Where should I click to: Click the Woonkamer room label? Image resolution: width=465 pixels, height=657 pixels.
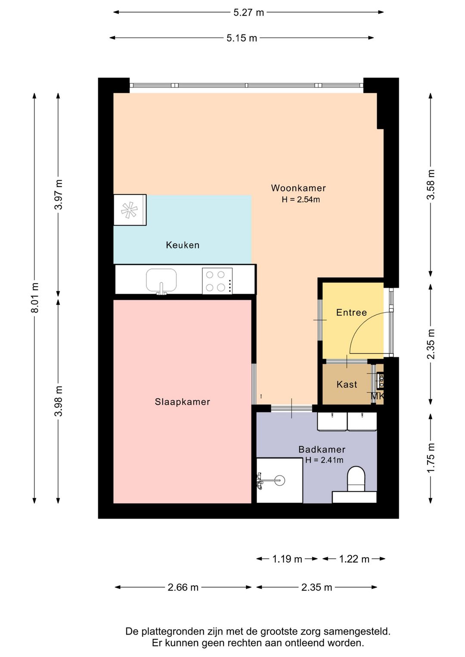[x=298, y=188]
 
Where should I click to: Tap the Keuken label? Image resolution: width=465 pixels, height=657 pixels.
[x=183, y=245]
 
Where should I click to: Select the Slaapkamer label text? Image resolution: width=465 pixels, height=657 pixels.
[x=182, y=402]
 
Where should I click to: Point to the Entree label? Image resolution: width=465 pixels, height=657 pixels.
[x=351, y=313]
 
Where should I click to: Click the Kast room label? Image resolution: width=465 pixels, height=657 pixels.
[x=347, y=384]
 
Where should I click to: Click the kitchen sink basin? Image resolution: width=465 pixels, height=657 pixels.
[x=161, y=281]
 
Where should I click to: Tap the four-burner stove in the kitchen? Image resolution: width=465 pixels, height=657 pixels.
[x=217, y=281]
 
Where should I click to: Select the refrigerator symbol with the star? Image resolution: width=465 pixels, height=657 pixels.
[x=130, y=210]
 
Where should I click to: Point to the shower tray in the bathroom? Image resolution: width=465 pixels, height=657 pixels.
[x=279, y=480]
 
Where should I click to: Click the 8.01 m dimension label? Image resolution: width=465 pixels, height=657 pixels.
[x=34, y=298]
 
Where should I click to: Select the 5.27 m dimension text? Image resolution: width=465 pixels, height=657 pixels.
[x=248, y=12]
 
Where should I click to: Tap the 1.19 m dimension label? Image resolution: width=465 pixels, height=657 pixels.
[x=287, y=559]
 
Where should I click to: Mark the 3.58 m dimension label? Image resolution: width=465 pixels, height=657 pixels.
[x=431, y=185]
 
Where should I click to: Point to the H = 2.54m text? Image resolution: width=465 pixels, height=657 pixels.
[x=301, y=199]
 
